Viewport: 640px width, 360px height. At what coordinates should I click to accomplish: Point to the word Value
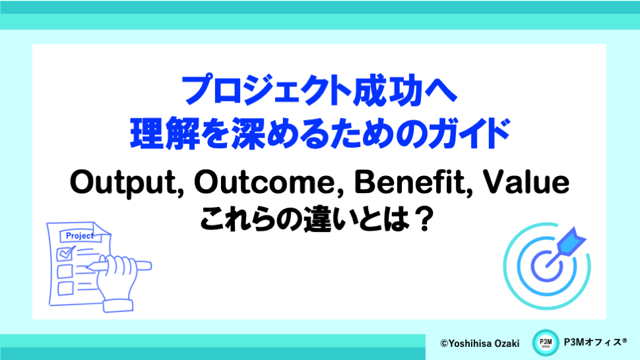click(526, 182)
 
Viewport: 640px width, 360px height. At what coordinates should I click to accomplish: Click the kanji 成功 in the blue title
click(387, 90)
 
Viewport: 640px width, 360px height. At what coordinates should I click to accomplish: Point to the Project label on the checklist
click(79, 235)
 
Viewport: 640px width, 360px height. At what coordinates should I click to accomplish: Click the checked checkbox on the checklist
click(65, 253)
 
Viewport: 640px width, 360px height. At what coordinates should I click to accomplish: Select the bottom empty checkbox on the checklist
click(65, 288)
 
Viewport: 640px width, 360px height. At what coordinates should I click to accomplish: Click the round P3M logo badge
click(545, 342)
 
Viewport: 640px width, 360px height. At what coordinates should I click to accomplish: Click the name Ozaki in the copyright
click(507, 344)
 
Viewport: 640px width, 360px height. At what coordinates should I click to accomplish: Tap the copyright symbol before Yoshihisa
click(444, 344)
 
